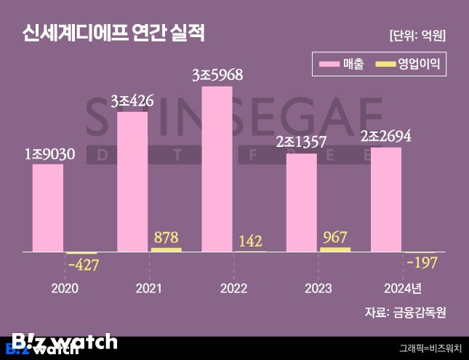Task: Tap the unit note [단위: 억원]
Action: click(x=417, y=35)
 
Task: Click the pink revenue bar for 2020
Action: click(x=47, y=208)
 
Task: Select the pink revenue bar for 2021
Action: click(x=132, y=182)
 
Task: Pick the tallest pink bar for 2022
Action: click(x=217, y=169)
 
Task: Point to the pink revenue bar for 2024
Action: click(x=385, y=199)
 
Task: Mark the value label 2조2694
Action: click(x=385, y=136)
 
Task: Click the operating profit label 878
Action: click(x=166, y=237)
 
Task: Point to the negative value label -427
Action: click(x=82, y=265)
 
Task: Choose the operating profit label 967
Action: click(x=334, y=236)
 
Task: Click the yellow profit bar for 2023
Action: click(x=334, y=249)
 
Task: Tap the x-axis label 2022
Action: click(x=233, y=289)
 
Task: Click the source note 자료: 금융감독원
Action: click(x=404, y=313)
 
